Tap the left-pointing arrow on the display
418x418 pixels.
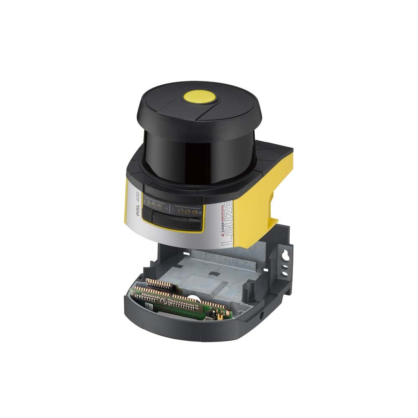167,208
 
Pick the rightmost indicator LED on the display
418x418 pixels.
195,212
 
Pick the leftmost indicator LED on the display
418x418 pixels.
148,204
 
